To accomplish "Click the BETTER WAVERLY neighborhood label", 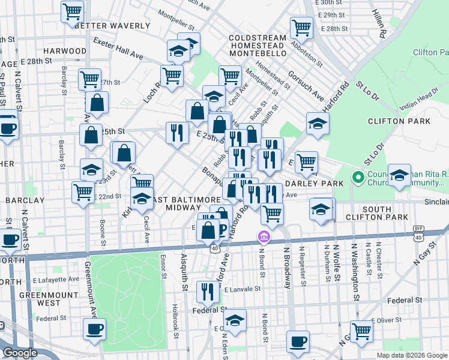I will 112,26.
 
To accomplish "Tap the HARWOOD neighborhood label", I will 65,51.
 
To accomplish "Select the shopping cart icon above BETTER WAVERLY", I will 73,11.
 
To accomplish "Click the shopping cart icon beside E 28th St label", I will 301,27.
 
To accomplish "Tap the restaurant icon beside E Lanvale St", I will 208,292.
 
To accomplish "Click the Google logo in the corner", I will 20,353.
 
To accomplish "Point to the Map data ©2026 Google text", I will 412,355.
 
